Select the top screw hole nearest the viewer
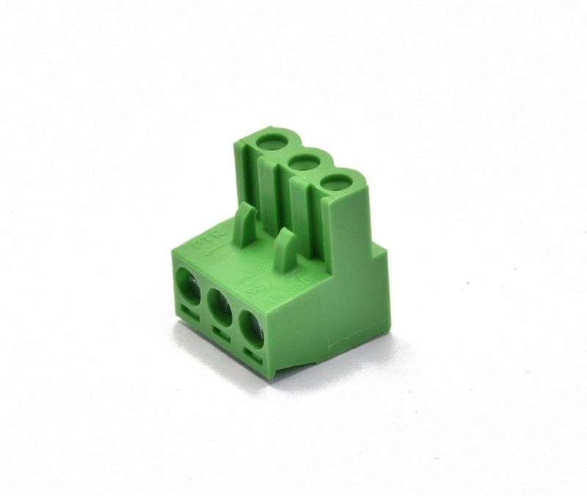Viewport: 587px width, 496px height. pyautogui.click(x=335, y=180)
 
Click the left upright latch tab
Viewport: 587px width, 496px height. pyautogui.click(x=246, y=220)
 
